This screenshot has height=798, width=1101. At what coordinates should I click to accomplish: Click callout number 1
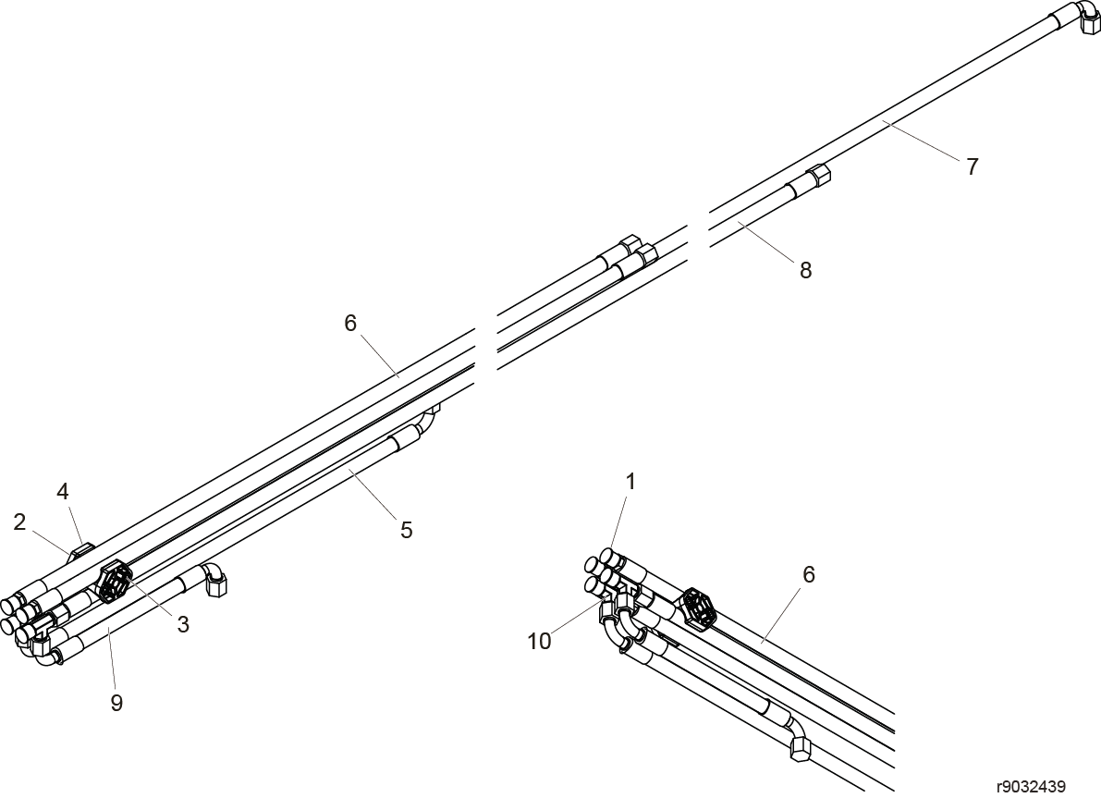pyautogui.click(x=630, y=482)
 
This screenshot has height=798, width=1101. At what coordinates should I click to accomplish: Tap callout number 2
pyautogui.click(x=19, y=522)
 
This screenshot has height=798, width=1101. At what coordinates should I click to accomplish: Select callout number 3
pyautogui.click(x=183, y=624)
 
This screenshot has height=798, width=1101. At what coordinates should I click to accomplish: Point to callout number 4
pyautogui.click(x=63, y=492)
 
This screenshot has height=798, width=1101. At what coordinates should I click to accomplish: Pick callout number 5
pyautogui.click(x=407, y=530)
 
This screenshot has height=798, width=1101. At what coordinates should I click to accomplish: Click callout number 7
pyautogui.click(x=972, y=167)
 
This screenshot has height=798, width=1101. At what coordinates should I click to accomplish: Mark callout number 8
pyautogui.click(x=805, y=270)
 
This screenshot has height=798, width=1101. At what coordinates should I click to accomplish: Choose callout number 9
pyautogui.click(x=116, y=703)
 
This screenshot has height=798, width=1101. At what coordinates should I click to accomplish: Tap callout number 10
pyautogui.click(x=539, y=642)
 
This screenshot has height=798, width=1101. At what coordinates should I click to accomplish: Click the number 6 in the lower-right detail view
pyautogui.click(x=809, y=574)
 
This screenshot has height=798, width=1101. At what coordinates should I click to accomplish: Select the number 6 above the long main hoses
pyautogui.click(x=350, y=323)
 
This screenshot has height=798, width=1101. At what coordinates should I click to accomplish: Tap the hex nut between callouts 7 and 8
pyautogui.click(x=817, y=173)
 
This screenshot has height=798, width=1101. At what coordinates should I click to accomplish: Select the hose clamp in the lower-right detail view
pyautogui.click(x=699, y=608)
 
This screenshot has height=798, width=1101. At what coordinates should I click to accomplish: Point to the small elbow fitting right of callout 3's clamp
pyautogui.click(x=214, y=579)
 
